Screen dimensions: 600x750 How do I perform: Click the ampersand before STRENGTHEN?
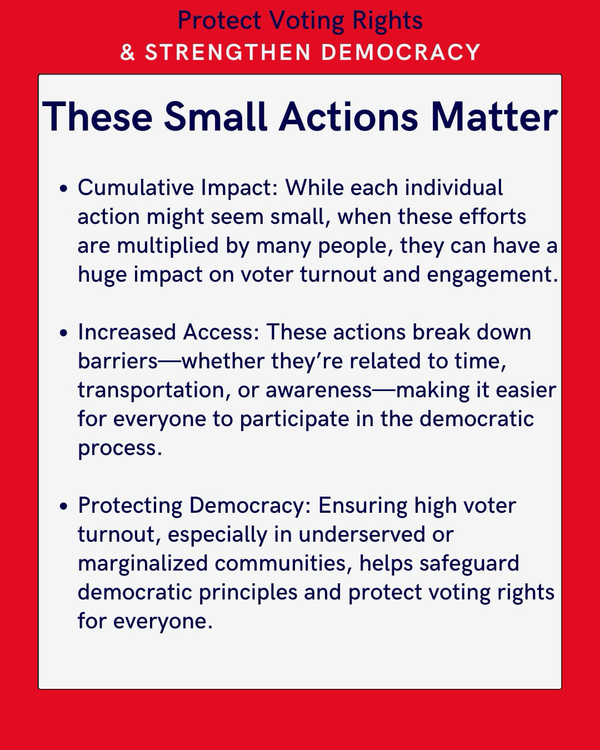(x=127, y=52)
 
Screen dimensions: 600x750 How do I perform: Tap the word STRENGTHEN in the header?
(x=228, y=52)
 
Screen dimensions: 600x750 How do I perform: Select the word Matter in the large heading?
(x=494, y=117)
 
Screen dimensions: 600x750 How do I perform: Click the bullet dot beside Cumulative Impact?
(x=63, y=188)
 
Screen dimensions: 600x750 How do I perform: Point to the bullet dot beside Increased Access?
(x=63, y=333)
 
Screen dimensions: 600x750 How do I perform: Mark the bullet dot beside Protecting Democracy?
(x=63, y=506)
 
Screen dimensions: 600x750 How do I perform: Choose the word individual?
(x=454, y=188)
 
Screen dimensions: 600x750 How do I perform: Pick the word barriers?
(x=118, y=361)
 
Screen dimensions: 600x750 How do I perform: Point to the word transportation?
(x=151, y=390)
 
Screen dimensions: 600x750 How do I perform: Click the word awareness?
(x=319, y=391)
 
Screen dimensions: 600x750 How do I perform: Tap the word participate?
(x=294, y=419)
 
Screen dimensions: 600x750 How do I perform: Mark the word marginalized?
(x=143, y=564)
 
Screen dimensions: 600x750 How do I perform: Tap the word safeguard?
(x=469, y=564)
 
